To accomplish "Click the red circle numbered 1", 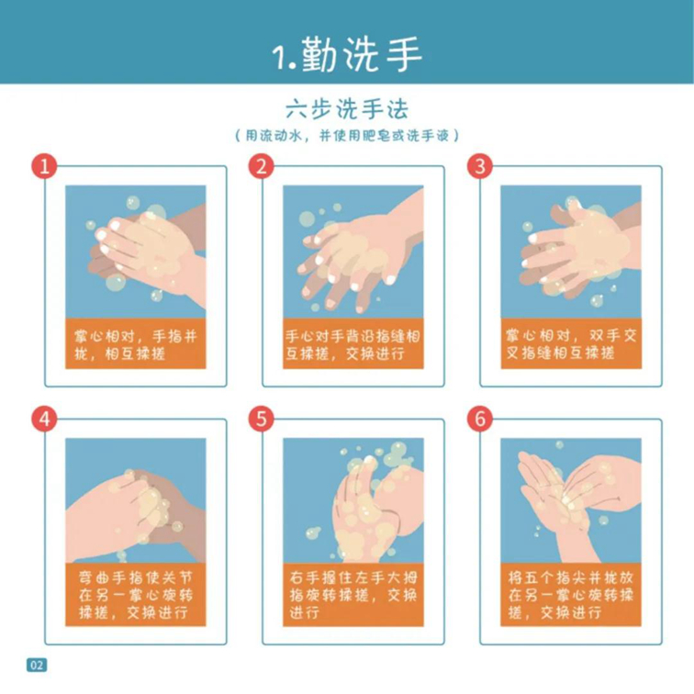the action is coord(44,166).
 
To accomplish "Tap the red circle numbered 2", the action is coord(261,166).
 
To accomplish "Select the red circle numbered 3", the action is coord(480,166).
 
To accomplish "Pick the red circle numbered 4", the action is coord(44,419).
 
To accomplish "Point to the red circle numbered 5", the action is coord(261,419).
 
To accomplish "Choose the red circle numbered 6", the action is coord(480,419).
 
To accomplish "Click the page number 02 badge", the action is coord(37,665).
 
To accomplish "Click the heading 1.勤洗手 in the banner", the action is coord(347,54).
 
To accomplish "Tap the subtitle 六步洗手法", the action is coord(347,109).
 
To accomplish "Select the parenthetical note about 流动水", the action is coord(347,136).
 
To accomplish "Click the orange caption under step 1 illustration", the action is coord(136,343).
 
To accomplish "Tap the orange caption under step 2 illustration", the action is coord(353,343).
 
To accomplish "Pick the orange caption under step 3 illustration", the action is coord(571,343).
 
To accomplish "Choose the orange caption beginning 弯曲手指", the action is coord(136,595).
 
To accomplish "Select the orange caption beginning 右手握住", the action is coord(353,595).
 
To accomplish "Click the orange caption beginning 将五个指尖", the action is coord(571,595).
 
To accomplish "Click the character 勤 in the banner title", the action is coord(319,54).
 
